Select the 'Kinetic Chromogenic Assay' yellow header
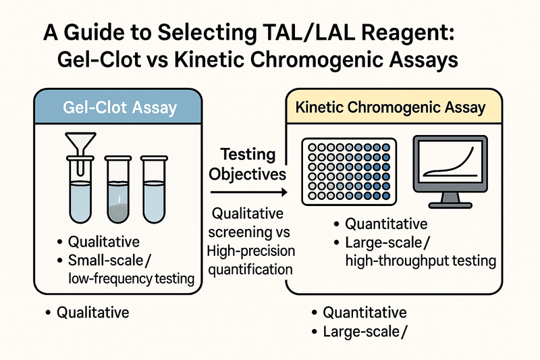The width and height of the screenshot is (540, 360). click(x=389, y=107)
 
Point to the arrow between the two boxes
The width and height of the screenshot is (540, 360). click(x=251, y=193)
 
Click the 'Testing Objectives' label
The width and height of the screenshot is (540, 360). click(x=248, y=163)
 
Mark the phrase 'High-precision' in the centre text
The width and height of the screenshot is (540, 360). click(x=248, y=252)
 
